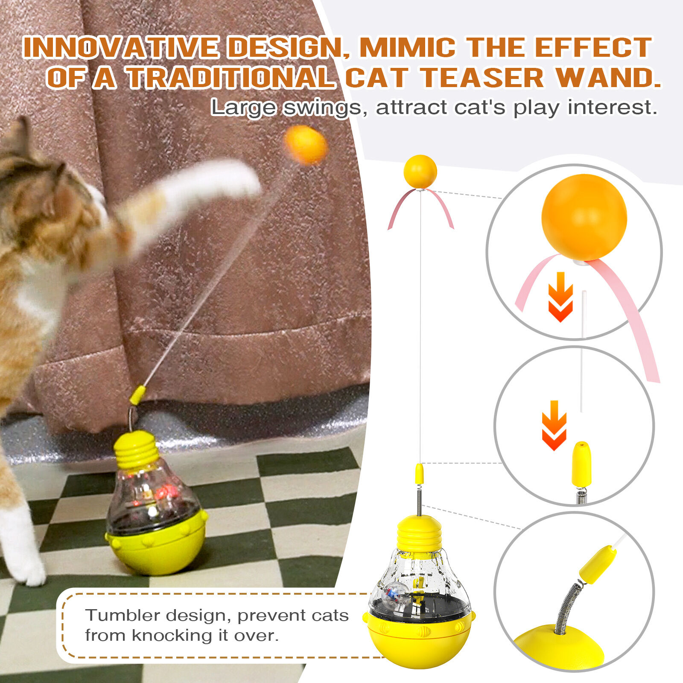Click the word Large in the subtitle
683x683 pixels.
point(243,108)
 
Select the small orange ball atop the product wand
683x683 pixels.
point(420,171)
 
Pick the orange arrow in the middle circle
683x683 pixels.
point(554,425)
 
